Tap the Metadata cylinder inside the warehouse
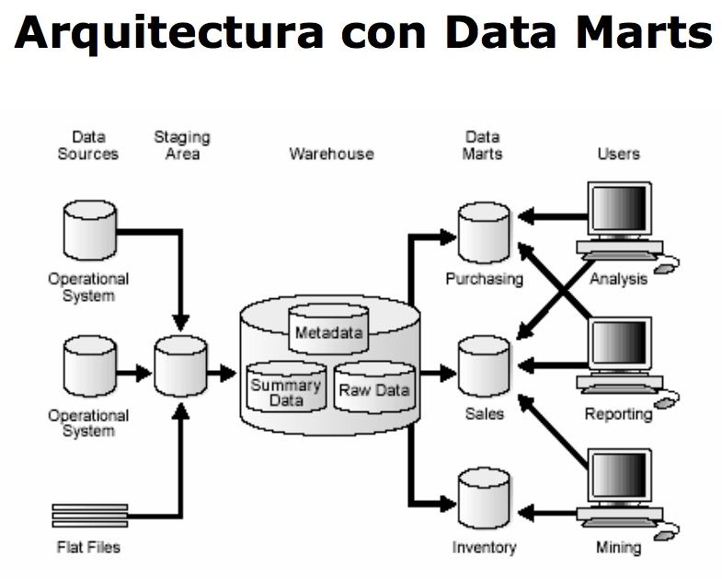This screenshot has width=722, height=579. click(329, 328)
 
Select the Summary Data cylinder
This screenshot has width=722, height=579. click(285, 389)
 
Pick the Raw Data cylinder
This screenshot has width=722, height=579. click(374, 388)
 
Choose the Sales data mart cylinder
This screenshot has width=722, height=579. click(484, 365)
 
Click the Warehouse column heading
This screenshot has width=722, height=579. click(331, 154)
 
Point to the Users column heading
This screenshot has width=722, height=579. click(618, 154)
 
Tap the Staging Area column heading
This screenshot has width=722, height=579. click(181, 145)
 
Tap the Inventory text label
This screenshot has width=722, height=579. click(484, 548)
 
